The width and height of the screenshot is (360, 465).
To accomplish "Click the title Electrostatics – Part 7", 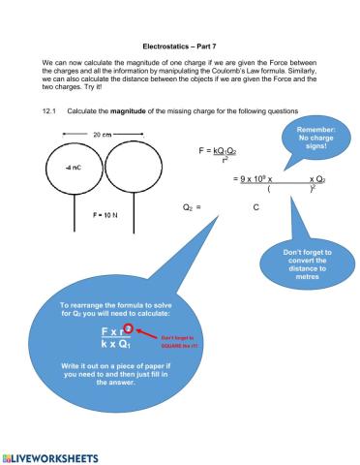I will pos(180,46).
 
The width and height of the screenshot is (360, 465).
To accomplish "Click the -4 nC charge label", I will pos(73,168).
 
